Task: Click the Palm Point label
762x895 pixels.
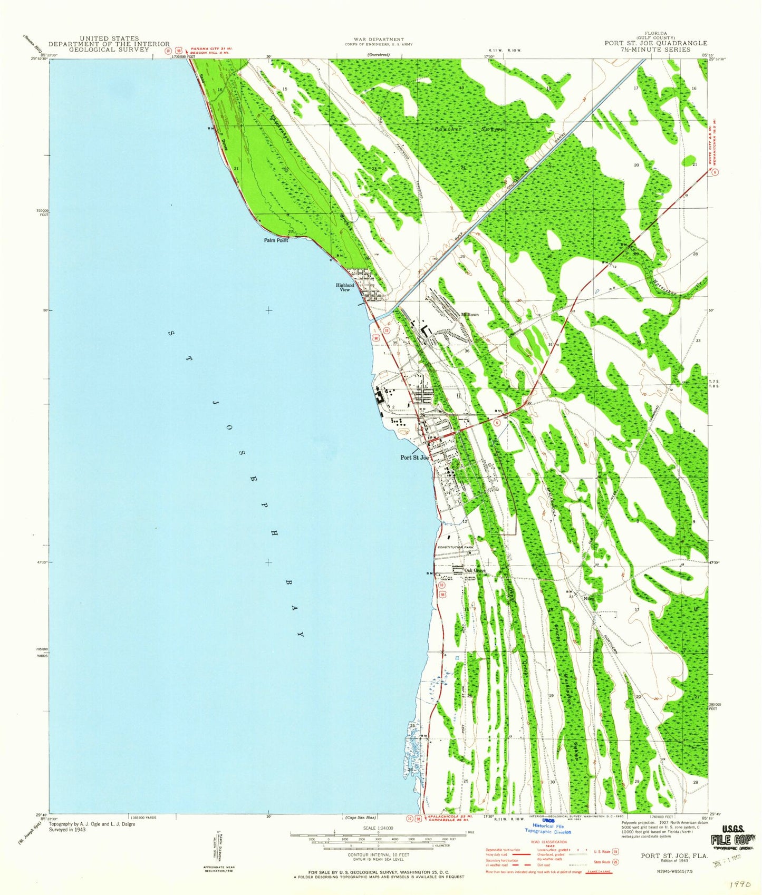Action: coord(276,240)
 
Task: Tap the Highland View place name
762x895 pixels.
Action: coord(345,287)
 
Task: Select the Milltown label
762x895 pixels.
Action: coord(470,314)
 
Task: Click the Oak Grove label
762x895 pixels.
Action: coord(475,570)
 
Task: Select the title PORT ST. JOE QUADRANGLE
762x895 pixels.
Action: coord(656,43)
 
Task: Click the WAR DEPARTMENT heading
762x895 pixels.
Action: coord(379,39)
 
